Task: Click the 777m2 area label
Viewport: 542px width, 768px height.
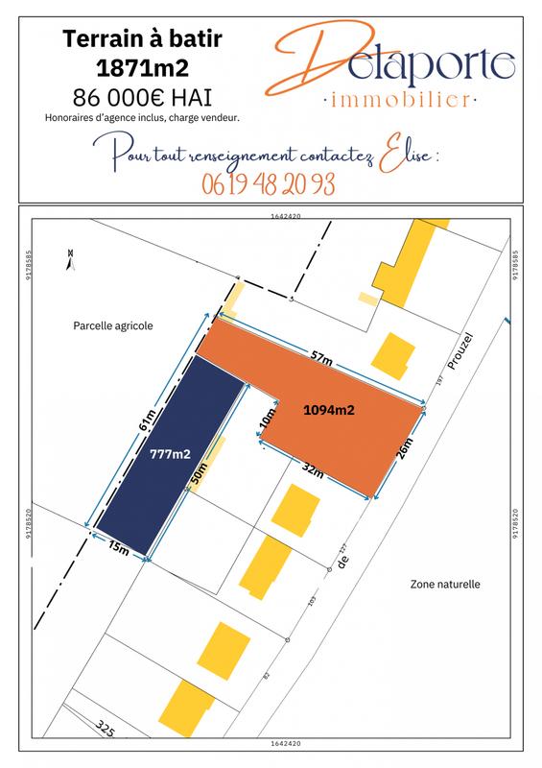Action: click(x=170, y=454)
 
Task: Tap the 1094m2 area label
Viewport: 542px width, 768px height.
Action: click(x=329, y=410)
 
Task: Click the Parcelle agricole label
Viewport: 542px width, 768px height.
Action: click(x=112, y=325)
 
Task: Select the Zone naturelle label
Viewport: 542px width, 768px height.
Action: click(x=444, y=584)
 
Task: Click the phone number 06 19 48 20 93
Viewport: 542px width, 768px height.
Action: click(x=269, y=183)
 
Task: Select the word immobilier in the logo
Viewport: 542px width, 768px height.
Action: click(x=397, y=99)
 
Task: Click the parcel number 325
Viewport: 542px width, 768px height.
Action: click(x=105, y=730)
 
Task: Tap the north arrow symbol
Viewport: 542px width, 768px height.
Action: click(x=69, y=256)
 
